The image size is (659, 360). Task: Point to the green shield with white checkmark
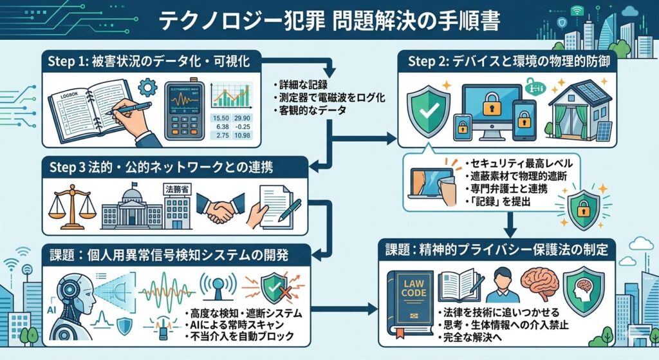[427, 109]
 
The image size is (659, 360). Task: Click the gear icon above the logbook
[147, 84]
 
